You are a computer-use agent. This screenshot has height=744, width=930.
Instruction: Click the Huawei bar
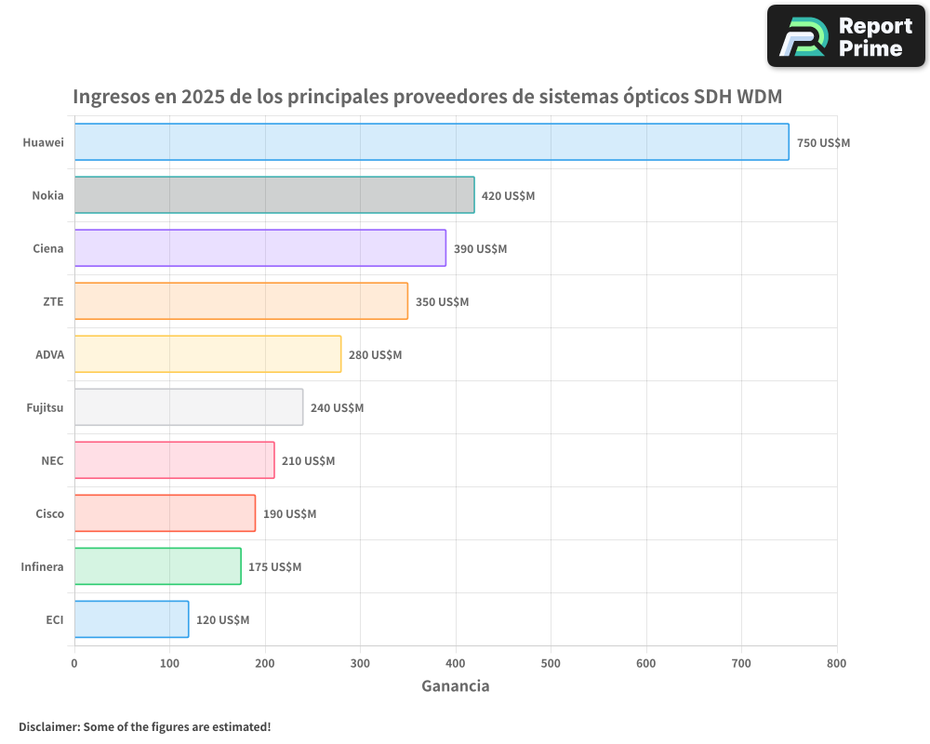point(432,142)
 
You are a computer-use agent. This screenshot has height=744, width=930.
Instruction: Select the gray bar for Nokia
point(274,195)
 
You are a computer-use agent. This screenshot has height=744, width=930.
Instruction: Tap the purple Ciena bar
point(260,248)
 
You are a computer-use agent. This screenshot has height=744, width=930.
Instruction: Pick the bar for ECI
point(131,619)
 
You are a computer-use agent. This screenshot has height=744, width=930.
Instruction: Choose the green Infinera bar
point(157,566)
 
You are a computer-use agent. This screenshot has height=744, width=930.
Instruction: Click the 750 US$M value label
point(823,143)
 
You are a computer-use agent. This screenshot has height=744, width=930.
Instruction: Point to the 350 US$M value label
point(442,302)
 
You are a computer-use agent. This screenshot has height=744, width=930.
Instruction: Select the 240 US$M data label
point(337,408)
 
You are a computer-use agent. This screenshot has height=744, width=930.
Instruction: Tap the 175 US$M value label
point(274,567)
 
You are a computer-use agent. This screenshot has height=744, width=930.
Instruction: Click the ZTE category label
point(53,301)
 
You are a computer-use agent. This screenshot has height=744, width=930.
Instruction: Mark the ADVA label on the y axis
point(49,354)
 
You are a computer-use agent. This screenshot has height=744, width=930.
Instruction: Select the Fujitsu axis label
point(45,407)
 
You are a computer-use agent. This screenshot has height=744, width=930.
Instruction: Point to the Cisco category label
point(49,513)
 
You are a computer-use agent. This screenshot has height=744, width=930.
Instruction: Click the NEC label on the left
point(52,460)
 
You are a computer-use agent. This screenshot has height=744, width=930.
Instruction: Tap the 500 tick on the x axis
point(551,663)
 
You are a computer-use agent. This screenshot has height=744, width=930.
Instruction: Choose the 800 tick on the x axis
point(836,663)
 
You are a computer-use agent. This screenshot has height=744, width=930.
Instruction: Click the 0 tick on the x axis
point(74,663)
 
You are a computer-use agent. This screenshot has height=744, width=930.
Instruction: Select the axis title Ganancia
point(455,686)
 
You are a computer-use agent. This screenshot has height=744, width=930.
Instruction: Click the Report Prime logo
point(845,36)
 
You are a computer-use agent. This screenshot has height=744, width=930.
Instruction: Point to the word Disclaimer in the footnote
point(48,726)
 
